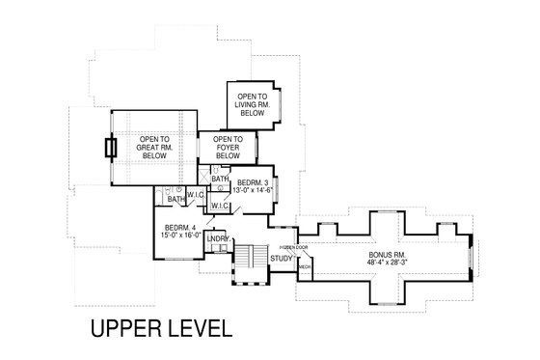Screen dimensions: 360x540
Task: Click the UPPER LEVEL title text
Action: (x=161, y=327)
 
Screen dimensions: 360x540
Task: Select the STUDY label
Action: (x=282, y=259)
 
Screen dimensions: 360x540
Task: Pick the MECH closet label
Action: (x=304, y=267)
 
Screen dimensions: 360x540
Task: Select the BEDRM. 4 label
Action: (x=180, y=228)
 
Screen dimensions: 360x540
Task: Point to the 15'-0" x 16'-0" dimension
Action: (x=180, y=235)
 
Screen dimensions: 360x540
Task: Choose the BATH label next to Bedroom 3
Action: (x=221, y=179)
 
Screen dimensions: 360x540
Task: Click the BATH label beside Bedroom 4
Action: (x=175, y=199)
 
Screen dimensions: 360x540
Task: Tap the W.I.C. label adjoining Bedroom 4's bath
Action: (x=195, y=194)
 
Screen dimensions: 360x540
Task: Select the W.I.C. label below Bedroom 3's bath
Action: (x=219, y=206)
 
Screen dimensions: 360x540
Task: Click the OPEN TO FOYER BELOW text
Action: (x=228, y=148)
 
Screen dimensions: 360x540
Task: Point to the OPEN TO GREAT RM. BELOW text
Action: (x=154, y=148)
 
